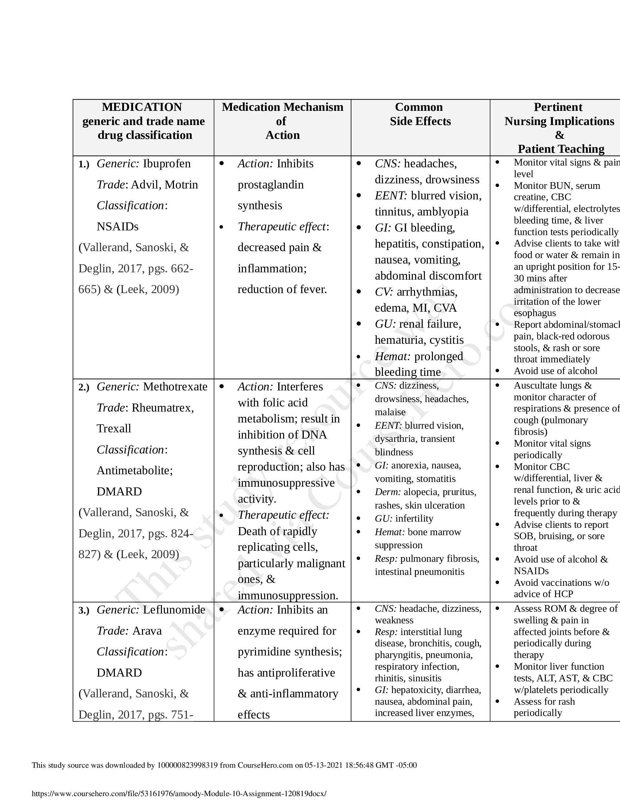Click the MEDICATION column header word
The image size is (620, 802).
(142, 107)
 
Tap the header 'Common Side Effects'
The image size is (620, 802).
(420, 114)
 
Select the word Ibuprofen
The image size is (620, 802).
(167, 163)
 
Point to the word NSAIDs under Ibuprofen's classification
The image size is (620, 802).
(117, 227)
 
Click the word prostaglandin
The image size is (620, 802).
(270, 184)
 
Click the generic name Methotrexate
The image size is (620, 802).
(175, 387)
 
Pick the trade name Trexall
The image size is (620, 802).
(114, 429)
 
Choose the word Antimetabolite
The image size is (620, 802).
(135, 470)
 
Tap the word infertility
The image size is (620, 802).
(414, 518)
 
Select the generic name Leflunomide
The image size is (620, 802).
(174, 610)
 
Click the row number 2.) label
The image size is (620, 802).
(84, 388)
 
